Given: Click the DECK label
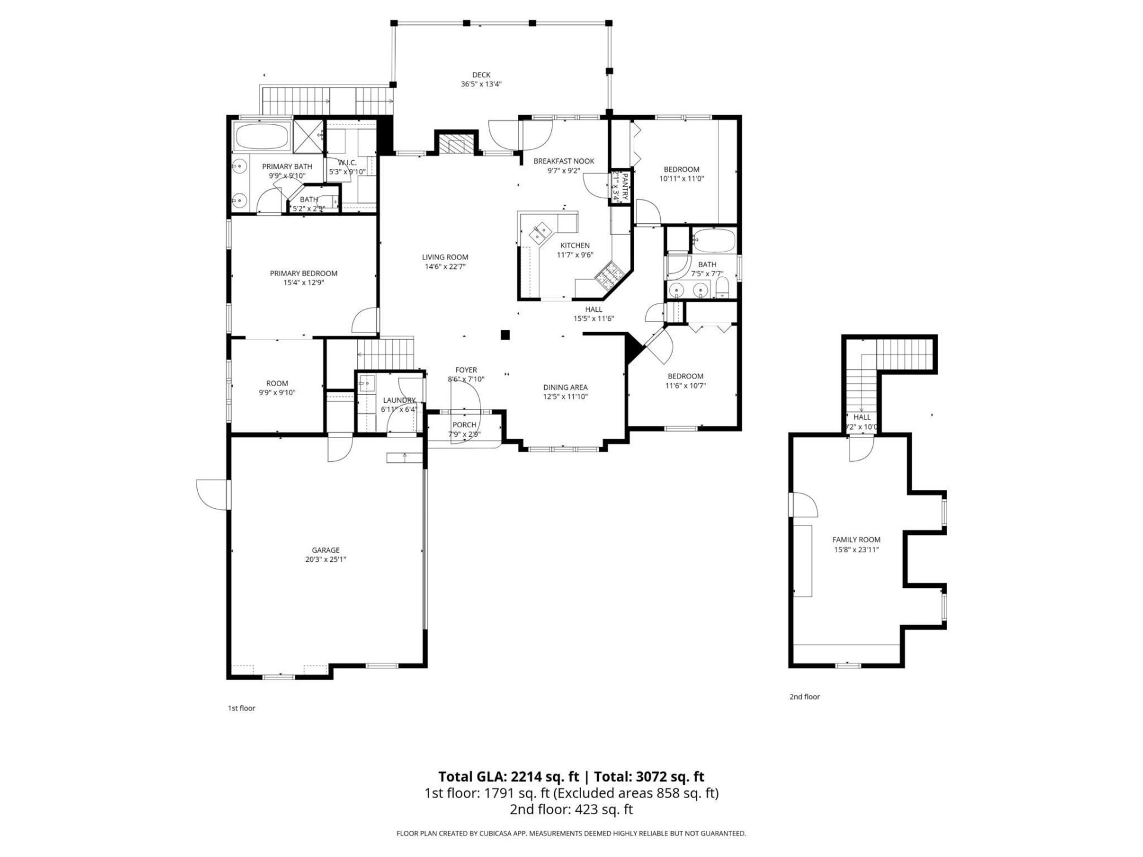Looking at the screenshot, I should click(481, 75).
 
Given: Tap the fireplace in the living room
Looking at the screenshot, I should click(456, 143).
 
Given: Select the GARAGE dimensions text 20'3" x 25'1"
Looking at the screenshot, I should click(326, 559).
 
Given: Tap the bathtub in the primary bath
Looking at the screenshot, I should click(262, 136).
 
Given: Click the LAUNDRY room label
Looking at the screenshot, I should click(399, 400).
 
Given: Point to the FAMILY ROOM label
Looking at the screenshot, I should click(856, 540).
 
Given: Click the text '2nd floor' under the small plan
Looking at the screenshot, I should click(804, 697).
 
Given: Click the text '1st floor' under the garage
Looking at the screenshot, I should click(241, 708).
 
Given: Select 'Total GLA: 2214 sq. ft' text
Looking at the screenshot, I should click(508, 777).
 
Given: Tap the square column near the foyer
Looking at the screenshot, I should click(505, 335).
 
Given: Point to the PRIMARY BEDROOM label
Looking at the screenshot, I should click(304, 274).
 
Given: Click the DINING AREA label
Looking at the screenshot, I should click(565, 387).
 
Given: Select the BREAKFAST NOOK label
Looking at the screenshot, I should click(564, 161).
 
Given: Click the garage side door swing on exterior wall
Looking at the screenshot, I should click(213, 493).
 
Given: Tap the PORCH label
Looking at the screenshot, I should click(464, 425).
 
